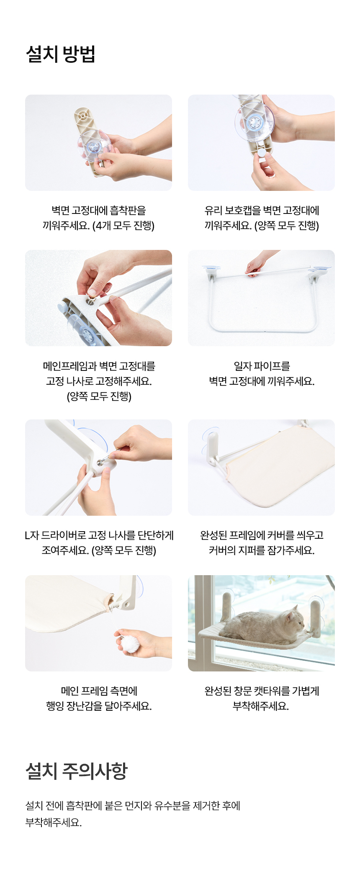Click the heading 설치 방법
tap(61, 54)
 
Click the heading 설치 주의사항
tap(77, 771)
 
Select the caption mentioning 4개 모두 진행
tap(99, 218)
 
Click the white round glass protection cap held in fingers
tap(262, 153)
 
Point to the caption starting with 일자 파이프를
tap(262, 373)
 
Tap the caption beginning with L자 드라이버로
tap(99, 543)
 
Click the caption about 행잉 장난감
tap(99, 698)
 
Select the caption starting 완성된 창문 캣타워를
tap(262, 698)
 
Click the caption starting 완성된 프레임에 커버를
tap(262, 543)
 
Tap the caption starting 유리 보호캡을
tap(262, 218)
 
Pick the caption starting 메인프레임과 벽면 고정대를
tap(99, 381)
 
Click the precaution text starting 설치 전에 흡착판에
tap(133, 814)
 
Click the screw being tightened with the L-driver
tap(102, 462)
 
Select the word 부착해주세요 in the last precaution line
tap(54, 823)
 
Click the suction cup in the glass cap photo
tap(254, 121)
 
